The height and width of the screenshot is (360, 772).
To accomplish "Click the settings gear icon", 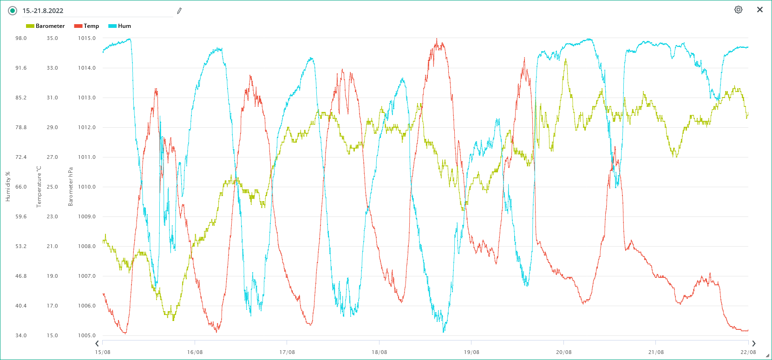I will (738, 10).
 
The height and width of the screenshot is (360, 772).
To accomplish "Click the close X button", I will (760, 10).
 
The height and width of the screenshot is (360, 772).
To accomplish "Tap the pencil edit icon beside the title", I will (179, 11).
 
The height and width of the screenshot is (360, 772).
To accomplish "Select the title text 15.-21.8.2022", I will (43, 11).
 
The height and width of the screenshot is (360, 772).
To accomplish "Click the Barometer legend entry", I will (46, 26).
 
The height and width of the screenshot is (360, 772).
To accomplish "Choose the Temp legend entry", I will (87, 26).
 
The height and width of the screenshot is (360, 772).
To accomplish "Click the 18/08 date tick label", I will (379, 352).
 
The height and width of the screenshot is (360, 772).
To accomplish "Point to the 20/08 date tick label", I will (563, 352).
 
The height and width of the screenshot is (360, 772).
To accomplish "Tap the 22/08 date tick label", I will (748, 352).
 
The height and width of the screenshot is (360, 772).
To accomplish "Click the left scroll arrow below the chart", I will (97, 344).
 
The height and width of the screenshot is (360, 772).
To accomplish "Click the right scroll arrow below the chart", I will (754, 344).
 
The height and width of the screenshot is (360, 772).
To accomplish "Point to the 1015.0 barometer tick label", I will (86, 38).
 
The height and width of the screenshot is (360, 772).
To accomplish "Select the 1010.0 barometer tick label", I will (86, 187).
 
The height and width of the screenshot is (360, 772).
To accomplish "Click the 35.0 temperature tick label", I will (52, 38).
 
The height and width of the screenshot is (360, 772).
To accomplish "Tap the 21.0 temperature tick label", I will (52, 246).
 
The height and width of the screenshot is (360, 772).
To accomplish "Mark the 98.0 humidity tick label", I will (21, 38).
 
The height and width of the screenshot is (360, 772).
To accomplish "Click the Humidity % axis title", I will (8, 187).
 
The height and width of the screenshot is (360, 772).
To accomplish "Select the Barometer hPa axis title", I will (71, 187).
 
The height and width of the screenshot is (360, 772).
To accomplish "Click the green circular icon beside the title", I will (13, 11).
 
